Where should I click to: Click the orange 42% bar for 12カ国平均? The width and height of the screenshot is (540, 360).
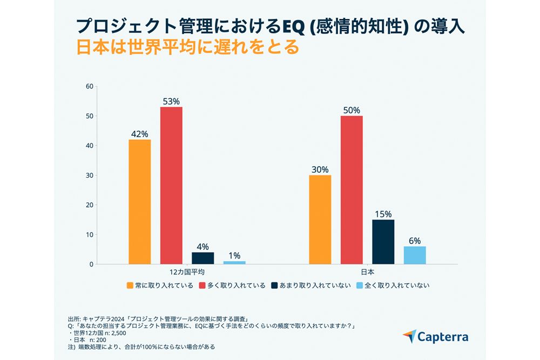tap(139, 202)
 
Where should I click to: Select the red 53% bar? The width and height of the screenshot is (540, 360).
tap(171, 186)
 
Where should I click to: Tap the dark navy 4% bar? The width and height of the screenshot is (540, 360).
tap(202, 258)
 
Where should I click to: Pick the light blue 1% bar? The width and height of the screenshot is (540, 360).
tap(234, 263)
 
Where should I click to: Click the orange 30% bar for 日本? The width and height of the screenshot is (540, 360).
tap(320, 220)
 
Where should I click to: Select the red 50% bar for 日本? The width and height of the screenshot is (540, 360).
tap(352, 190)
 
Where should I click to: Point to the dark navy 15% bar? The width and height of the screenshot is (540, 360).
tap(383, 242)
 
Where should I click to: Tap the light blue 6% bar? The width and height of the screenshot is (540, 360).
tap(415, 255)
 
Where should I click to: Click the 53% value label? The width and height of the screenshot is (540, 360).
tap(171, 101)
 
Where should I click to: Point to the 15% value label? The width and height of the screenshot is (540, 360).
tap(383, 213)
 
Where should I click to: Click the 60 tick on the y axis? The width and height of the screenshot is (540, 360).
tap(90, 86)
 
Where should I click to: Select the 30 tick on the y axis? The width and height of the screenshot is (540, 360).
tap(90, 175)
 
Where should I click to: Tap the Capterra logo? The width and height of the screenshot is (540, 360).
tap(435, 337)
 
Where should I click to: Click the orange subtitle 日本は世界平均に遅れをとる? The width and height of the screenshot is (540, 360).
tap(187, 47)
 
